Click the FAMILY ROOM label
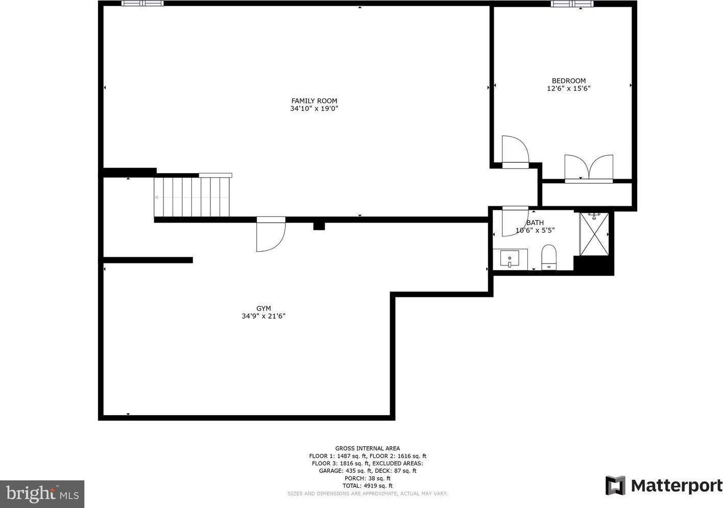(x=314, y=101)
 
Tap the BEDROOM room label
(x=569, y=81)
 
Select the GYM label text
(x=263, y=308)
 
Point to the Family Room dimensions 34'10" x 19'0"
(x=314, y=108)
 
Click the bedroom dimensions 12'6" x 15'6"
(x=569, y=88)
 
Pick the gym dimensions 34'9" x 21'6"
(x=263, y=316)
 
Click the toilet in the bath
(x=549, y=257)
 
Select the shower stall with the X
(x=594, y=234)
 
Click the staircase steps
(x=191, y=197)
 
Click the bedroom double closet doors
(x=589, y=168)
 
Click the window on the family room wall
(x=142, y=3)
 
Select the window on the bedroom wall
(x=572, y=4)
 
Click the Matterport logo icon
(x=615, y=485)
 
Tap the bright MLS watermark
(x=42, y=494)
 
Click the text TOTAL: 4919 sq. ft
(x=367, y=486)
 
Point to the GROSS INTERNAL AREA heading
(x=367, y=448)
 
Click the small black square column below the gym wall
(x=319, y=226)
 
